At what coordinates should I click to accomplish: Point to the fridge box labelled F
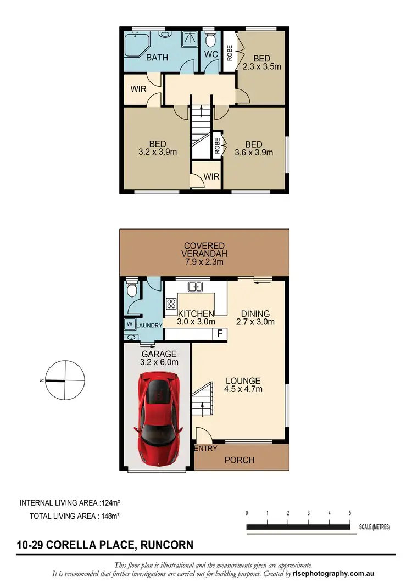click(220, 333)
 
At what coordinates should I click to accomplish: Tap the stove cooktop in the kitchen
click(171, 303)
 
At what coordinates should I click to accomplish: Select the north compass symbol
click(65, 380)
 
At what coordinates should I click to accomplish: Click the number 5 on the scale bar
click(350, 513)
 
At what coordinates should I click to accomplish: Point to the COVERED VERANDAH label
click(204, 250)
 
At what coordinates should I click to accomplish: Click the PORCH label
click(240, 460)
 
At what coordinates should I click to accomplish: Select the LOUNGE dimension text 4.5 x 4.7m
click(243, 389)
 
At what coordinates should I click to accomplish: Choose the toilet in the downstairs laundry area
click(132, 290)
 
